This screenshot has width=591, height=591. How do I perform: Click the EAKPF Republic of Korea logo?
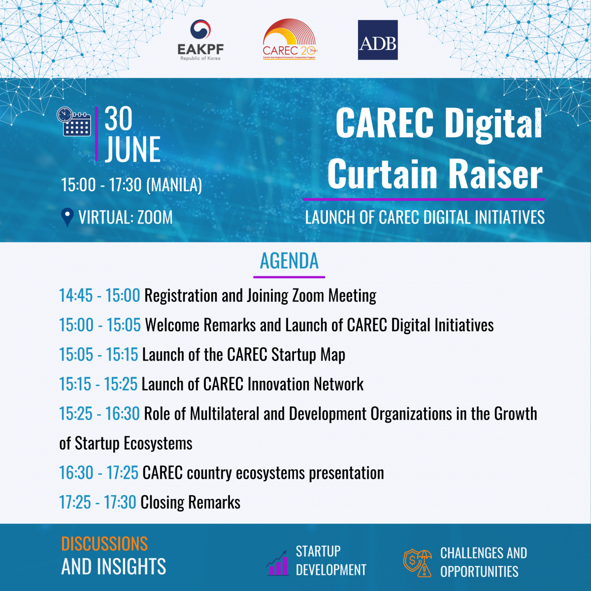tap(200, 40)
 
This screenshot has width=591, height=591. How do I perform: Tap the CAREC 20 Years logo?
tap(290, 39)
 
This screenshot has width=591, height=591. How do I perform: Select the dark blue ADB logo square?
tap(378, 40)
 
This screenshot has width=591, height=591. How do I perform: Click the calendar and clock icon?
tap(74, 122)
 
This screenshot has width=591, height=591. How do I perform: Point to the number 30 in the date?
tap(118, 119)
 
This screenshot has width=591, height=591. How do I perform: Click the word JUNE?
tap(133, 149)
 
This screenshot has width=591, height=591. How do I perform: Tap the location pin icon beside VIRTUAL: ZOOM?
tap(67, 218)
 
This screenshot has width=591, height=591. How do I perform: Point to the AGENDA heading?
tap(289, 261)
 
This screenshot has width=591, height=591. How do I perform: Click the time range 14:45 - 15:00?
tap(99, 295)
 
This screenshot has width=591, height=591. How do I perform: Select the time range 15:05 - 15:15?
tap(99, 355)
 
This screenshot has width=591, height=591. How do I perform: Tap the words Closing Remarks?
tap(191, 502)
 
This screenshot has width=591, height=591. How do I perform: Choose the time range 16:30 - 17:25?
tap(99, 473)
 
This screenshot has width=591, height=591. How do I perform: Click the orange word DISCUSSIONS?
tap(104, 544)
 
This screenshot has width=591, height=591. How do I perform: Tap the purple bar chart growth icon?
tap(278, 563)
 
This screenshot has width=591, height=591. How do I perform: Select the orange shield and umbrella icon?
tap(418, 563)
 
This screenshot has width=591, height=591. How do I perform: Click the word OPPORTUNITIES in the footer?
tap(479, 572)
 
